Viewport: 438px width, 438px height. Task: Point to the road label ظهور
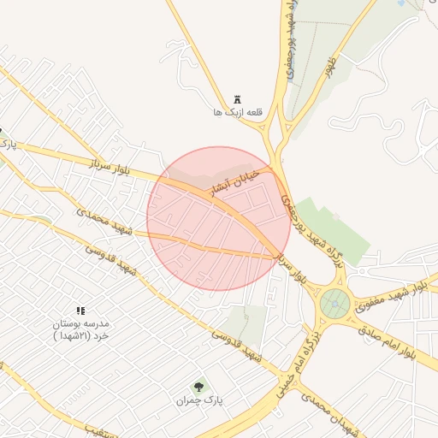[x=326, y=68]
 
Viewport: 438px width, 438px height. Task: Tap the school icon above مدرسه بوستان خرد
[x=80, y=311]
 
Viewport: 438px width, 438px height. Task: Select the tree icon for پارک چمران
[x=199, y=387]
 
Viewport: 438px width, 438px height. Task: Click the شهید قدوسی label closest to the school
[x=110, y=259]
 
